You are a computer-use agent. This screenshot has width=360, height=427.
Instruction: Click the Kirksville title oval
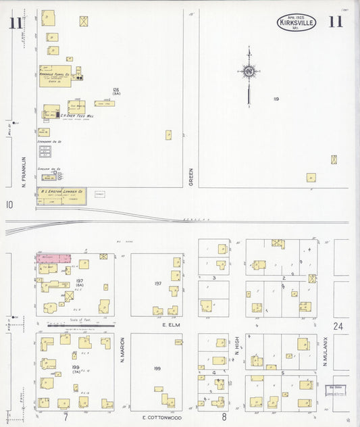coord(296,23)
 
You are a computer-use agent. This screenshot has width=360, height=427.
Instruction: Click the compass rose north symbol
coord(249,70)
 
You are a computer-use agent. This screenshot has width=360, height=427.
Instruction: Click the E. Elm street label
coord(173,325)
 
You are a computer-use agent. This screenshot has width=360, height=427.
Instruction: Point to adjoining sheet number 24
coord(338,326)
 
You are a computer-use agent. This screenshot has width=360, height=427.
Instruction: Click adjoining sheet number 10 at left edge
coord(9,204)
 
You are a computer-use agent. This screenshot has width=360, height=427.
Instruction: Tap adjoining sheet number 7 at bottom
coord(66,417)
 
